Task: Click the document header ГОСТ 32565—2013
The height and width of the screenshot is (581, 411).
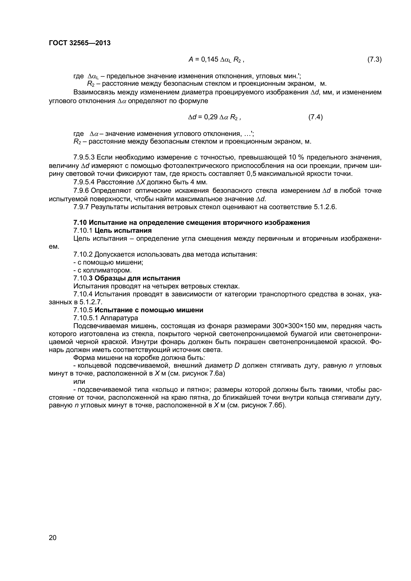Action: coord(80,43)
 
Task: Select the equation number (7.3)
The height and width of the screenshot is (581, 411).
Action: coord(374,60)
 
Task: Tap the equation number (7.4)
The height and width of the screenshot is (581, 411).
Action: coord(315,117)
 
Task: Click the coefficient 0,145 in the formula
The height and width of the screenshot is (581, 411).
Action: coord(209,60)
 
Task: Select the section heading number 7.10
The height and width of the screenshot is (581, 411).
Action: coord(80,223)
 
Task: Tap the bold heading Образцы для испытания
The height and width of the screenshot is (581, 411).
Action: coord(137,278)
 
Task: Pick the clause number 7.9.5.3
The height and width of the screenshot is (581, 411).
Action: coord(84,157)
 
